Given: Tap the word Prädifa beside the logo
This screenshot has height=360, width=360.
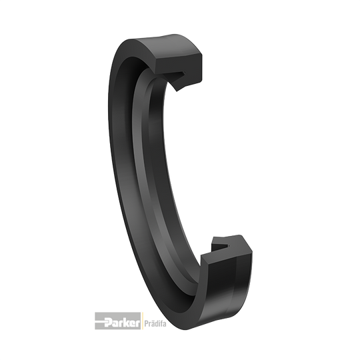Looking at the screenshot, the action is pyautogui.click(x=155, y=323).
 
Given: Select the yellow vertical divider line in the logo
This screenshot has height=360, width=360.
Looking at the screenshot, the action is pyautogui.click(x=142, y=321).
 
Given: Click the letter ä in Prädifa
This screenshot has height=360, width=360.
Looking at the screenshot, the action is pyautogui.click(x=151, y=323).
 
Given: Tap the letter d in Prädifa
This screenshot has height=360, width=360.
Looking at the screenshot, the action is pyautogui.click(x=155, y=323).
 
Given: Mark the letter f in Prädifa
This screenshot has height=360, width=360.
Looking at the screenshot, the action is pyautogui.click(x=161, y=323).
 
